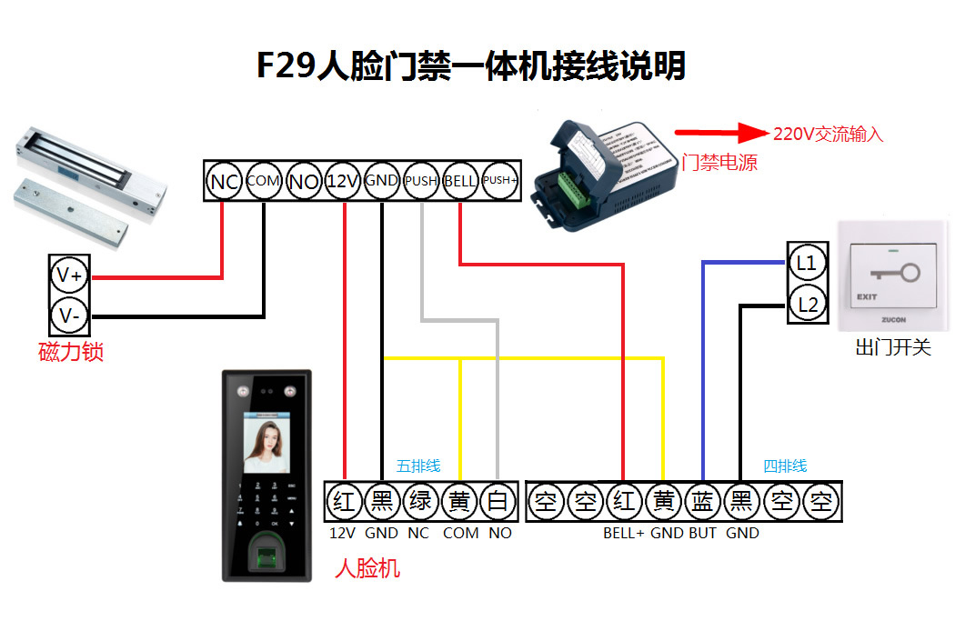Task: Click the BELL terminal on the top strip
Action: click(460, 181)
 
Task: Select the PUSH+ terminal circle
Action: click(499, 181)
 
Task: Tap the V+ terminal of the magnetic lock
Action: click(70, 275)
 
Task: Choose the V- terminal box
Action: click(70, 316)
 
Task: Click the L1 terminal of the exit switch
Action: click(807, 264)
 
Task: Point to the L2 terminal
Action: click(807, 305)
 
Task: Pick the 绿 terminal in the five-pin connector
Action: click(419, 501)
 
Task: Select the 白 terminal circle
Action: click(498, 501)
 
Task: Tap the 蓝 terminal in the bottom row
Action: click(702, 501)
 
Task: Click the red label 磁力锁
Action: click(71, 352)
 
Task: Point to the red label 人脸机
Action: click(367, 569)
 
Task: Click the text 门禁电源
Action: click(719, 163)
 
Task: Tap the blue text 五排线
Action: click(418, 466)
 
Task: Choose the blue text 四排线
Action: click(785, 466)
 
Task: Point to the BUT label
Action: click(702, 533)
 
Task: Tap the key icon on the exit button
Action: click(896, 273)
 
